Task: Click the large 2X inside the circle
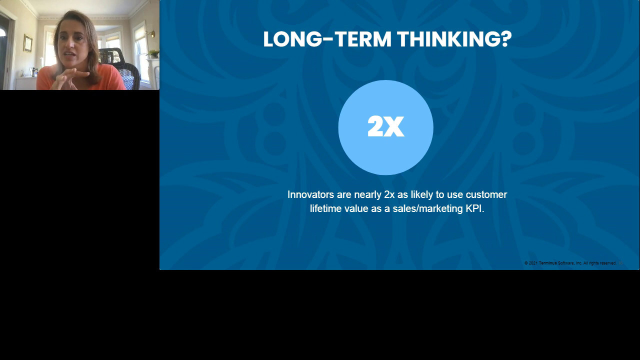click(x=385, y=127)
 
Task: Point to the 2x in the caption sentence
click(x=389, y=194)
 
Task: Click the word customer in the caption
click(x=486, y=194)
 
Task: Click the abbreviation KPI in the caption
click(x=474, y=208)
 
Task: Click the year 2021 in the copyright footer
click(x=533, y=263)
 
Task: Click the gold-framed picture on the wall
click(x=27, y=43)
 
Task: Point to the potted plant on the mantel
click(x=153, y=53)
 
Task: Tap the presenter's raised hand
click(x=70, y=76)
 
